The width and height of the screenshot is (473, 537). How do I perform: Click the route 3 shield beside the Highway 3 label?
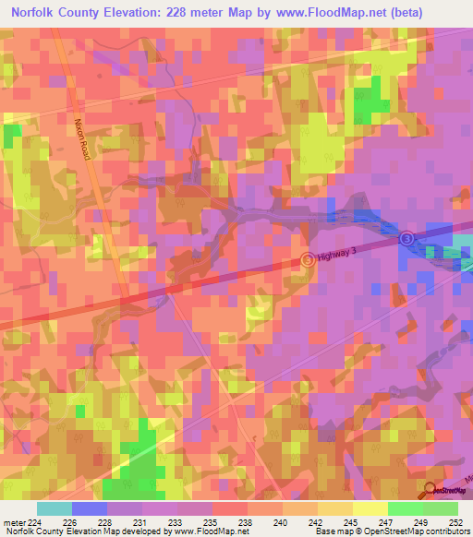[308, 261]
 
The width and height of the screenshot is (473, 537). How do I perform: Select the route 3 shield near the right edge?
[406, 239]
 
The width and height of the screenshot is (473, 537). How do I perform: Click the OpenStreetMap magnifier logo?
[431, 490]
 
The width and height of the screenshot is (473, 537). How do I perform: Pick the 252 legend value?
[455, 521]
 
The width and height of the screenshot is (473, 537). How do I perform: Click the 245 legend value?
[346, 521]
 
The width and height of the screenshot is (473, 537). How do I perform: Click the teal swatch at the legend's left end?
[55, 508]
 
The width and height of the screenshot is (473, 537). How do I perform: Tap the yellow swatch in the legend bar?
[370, 508]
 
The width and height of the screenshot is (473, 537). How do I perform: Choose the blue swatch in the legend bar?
[90, 508]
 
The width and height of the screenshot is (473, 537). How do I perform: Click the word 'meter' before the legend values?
[13, 521]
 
